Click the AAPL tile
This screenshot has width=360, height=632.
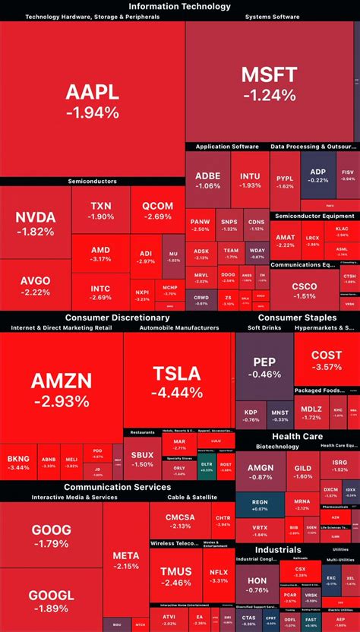point(92,101)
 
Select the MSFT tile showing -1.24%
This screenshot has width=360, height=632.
point(269,84)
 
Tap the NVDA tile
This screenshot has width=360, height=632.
point(35,224)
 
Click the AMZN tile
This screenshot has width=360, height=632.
point(61,387)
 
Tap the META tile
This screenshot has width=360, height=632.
point(125,560)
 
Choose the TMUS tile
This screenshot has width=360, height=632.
point(175,576)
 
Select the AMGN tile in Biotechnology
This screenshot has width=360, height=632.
point(261,471)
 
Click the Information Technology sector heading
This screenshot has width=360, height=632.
point(180,6)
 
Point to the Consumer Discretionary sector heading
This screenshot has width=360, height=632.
point(117,317)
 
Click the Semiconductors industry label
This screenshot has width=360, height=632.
point(92,182)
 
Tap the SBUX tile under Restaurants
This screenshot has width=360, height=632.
point(142,459)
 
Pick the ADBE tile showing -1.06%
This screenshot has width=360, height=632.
point(207,180)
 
